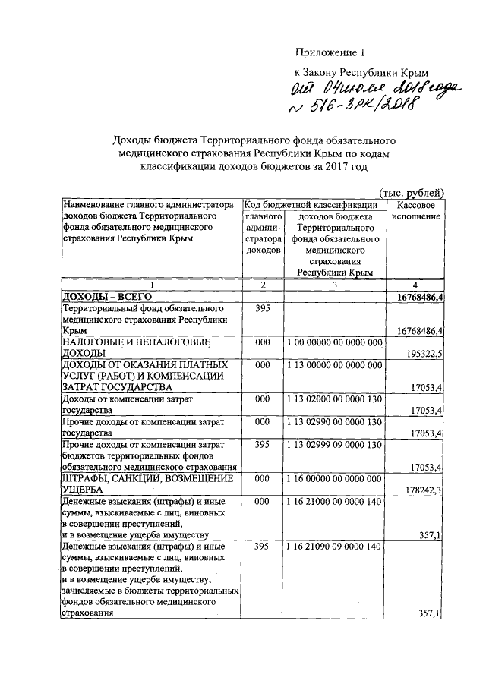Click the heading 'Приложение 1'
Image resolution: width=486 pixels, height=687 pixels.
click(330, 52)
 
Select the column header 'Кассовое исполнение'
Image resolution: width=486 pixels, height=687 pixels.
click(415, 210)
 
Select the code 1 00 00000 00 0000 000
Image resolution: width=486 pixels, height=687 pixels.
click(335, 344)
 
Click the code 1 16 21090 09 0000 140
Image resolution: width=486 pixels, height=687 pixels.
click(335, 547)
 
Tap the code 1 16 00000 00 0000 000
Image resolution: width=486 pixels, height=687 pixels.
click(335, 481)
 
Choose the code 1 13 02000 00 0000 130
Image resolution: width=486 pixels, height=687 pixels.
click(335, 399)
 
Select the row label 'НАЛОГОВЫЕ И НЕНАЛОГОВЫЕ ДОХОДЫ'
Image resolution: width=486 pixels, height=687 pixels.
click(125, 348)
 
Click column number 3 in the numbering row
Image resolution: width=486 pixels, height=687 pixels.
click(335, 285)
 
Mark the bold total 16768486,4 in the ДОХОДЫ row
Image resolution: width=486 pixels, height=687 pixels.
click(415, 297)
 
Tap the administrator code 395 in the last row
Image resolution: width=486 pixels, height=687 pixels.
click(262, 547)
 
